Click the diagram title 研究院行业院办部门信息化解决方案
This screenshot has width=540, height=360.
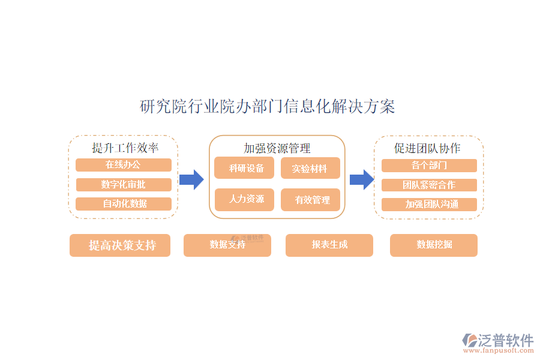(x=267, y=107)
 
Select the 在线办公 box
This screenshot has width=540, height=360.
(x=124, y=165)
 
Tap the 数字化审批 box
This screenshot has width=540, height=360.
(x=124, y=184)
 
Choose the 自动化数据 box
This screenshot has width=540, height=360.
(x=124, y=203)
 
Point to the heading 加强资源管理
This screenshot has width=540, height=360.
(x=277, y=148)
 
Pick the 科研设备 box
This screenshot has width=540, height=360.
(x=244, y=169)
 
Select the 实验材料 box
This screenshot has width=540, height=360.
(x=310, y=169)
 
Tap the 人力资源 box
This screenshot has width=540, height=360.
(x=244, y=199)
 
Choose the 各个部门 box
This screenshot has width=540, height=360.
(x=429, y=166)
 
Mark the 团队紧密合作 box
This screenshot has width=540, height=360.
(x=429, y=185)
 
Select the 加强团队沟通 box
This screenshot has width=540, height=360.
(x=429, y=204)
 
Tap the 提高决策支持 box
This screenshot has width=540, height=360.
(x=120, y=245)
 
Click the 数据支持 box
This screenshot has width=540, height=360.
(x=227, y=245)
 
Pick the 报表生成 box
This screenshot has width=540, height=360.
(x=329, y=245)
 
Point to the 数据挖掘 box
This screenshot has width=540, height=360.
(x=434, y=245)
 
